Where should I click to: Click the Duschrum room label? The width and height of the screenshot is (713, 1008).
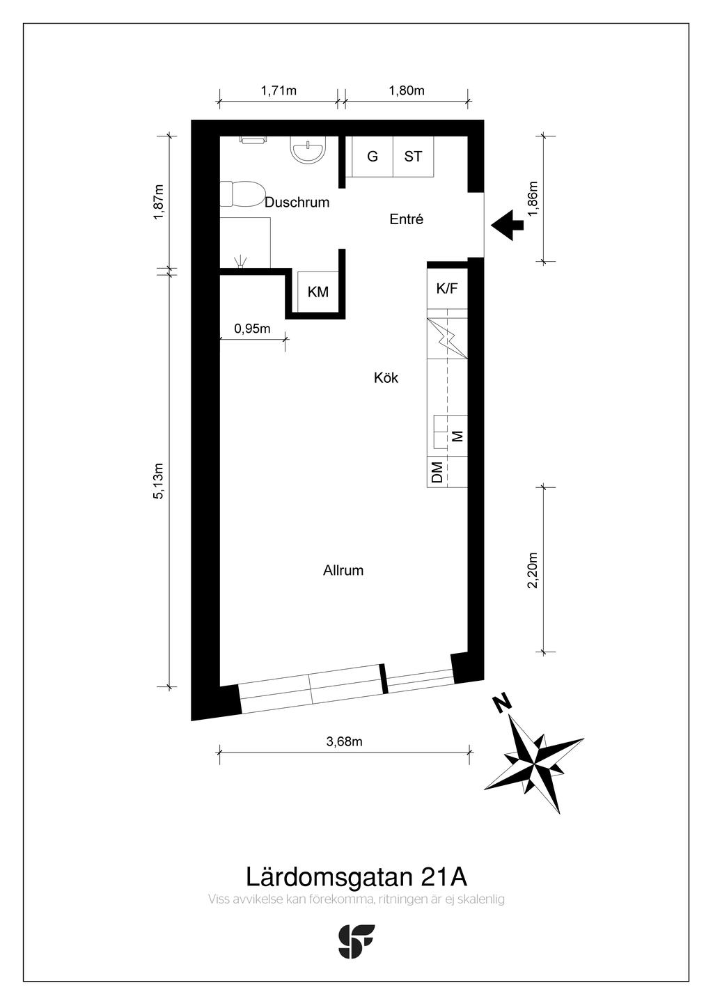[x=297, y=203]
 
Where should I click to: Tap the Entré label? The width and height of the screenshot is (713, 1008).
[x=406, y=219]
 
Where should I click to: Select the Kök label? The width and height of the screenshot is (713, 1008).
[x=386, y=377]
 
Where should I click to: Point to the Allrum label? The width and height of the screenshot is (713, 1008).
[x=343, y=570]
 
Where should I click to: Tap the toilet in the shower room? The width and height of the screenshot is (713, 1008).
[x=242, y=194]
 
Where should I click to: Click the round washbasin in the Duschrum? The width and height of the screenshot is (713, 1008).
[x=308, y=150]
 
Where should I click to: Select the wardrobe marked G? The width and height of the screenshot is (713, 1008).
[x=373, y=157]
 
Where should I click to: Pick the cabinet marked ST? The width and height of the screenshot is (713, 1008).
[x=413, y=157]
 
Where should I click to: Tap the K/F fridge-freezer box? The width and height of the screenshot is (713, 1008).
[x=447, y=288]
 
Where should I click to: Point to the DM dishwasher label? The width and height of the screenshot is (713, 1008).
[x=437, y=472]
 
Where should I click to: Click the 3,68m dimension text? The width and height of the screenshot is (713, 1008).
[x=344, y=741]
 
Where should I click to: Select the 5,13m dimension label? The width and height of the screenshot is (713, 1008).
[x=159, y=481]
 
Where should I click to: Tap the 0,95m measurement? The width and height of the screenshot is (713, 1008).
[x=252, y=329]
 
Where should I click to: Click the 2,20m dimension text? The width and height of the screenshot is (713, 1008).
[x=533, y=569]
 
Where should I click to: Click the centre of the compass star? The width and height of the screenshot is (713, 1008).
[x=533, y=764]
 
